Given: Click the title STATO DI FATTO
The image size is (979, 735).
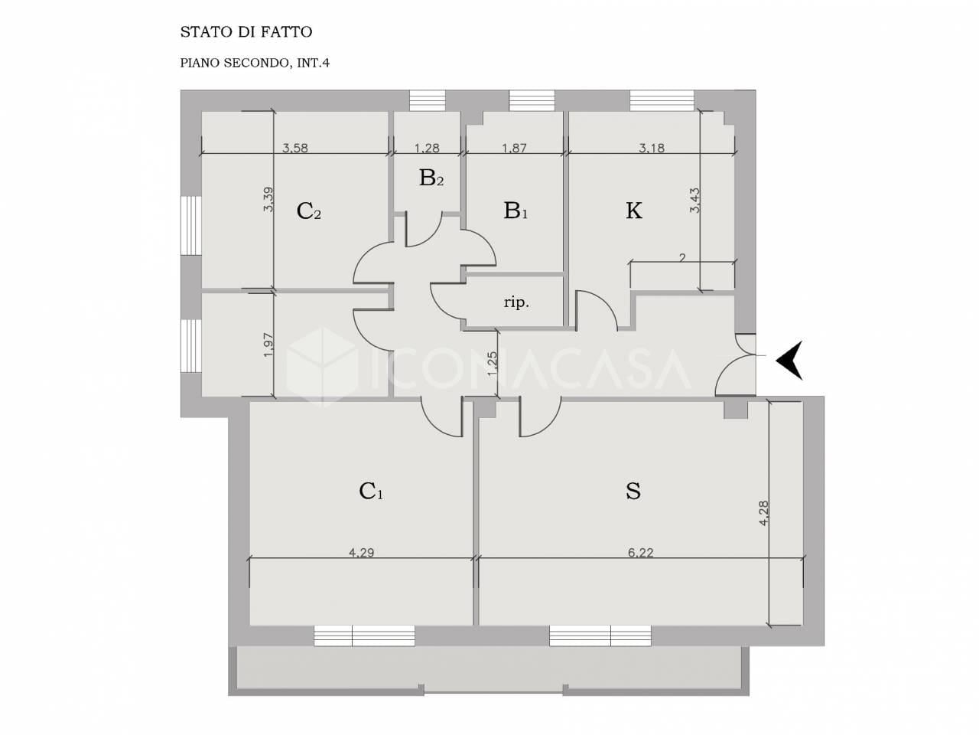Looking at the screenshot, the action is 246,32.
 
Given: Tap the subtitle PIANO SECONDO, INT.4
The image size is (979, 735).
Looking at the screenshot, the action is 255,63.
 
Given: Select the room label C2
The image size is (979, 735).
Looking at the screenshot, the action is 309,211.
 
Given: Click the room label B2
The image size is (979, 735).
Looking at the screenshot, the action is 431,178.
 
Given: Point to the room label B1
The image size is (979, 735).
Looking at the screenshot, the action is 516,211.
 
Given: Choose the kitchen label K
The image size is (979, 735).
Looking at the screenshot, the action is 634,211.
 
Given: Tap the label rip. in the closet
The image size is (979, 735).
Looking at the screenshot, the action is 516,303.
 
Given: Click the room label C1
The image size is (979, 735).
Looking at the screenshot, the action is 371,492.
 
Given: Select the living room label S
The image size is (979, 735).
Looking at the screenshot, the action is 633,491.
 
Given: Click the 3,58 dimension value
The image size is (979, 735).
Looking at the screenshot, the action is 295,149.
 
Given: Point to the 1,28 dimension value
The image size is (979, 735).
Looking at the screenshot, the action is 427,149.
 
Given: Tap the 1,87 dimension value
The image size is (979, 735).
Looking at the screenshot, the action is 514,149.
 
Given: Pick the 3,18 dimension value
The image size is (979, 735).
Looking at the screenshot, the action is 652,149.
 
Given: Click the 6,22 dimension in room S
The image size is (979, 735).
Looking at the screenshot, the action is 640,553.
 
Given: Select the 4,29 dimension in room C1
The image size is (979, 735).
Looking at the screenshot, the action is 361,553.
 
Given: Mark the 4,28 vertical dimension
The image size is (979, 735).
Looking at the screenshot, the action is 763,513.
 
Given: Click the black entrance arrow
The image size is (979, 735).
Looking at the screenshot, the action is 789,360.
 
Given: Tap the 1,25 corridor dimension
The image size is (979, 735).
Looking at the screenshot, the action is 492,364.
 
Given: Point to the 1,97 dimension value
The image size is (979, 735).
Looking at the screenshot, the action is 268,345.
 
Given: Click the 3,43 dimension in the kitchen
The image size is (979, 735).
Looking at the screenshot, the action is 695,201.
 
